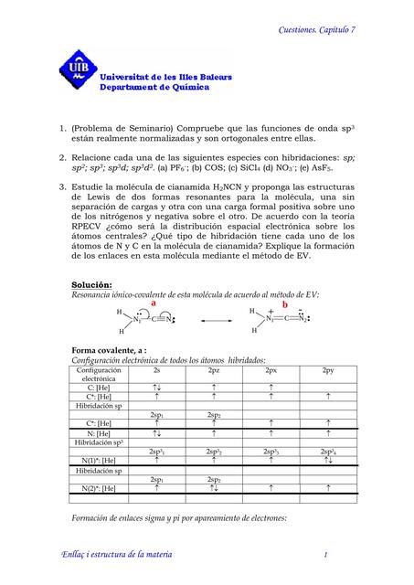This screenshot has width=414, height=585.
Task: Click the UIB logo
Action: [75, 68]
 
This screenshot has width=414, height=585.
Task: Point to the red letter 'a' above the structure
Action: [140, 303]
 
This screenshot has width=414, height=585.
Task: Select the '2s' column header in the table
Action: [158, 369]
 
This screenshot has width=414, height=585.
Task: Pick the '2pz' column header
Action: [213, 369]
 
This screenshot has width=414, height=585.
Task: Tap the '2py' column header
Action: [326, 369]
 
